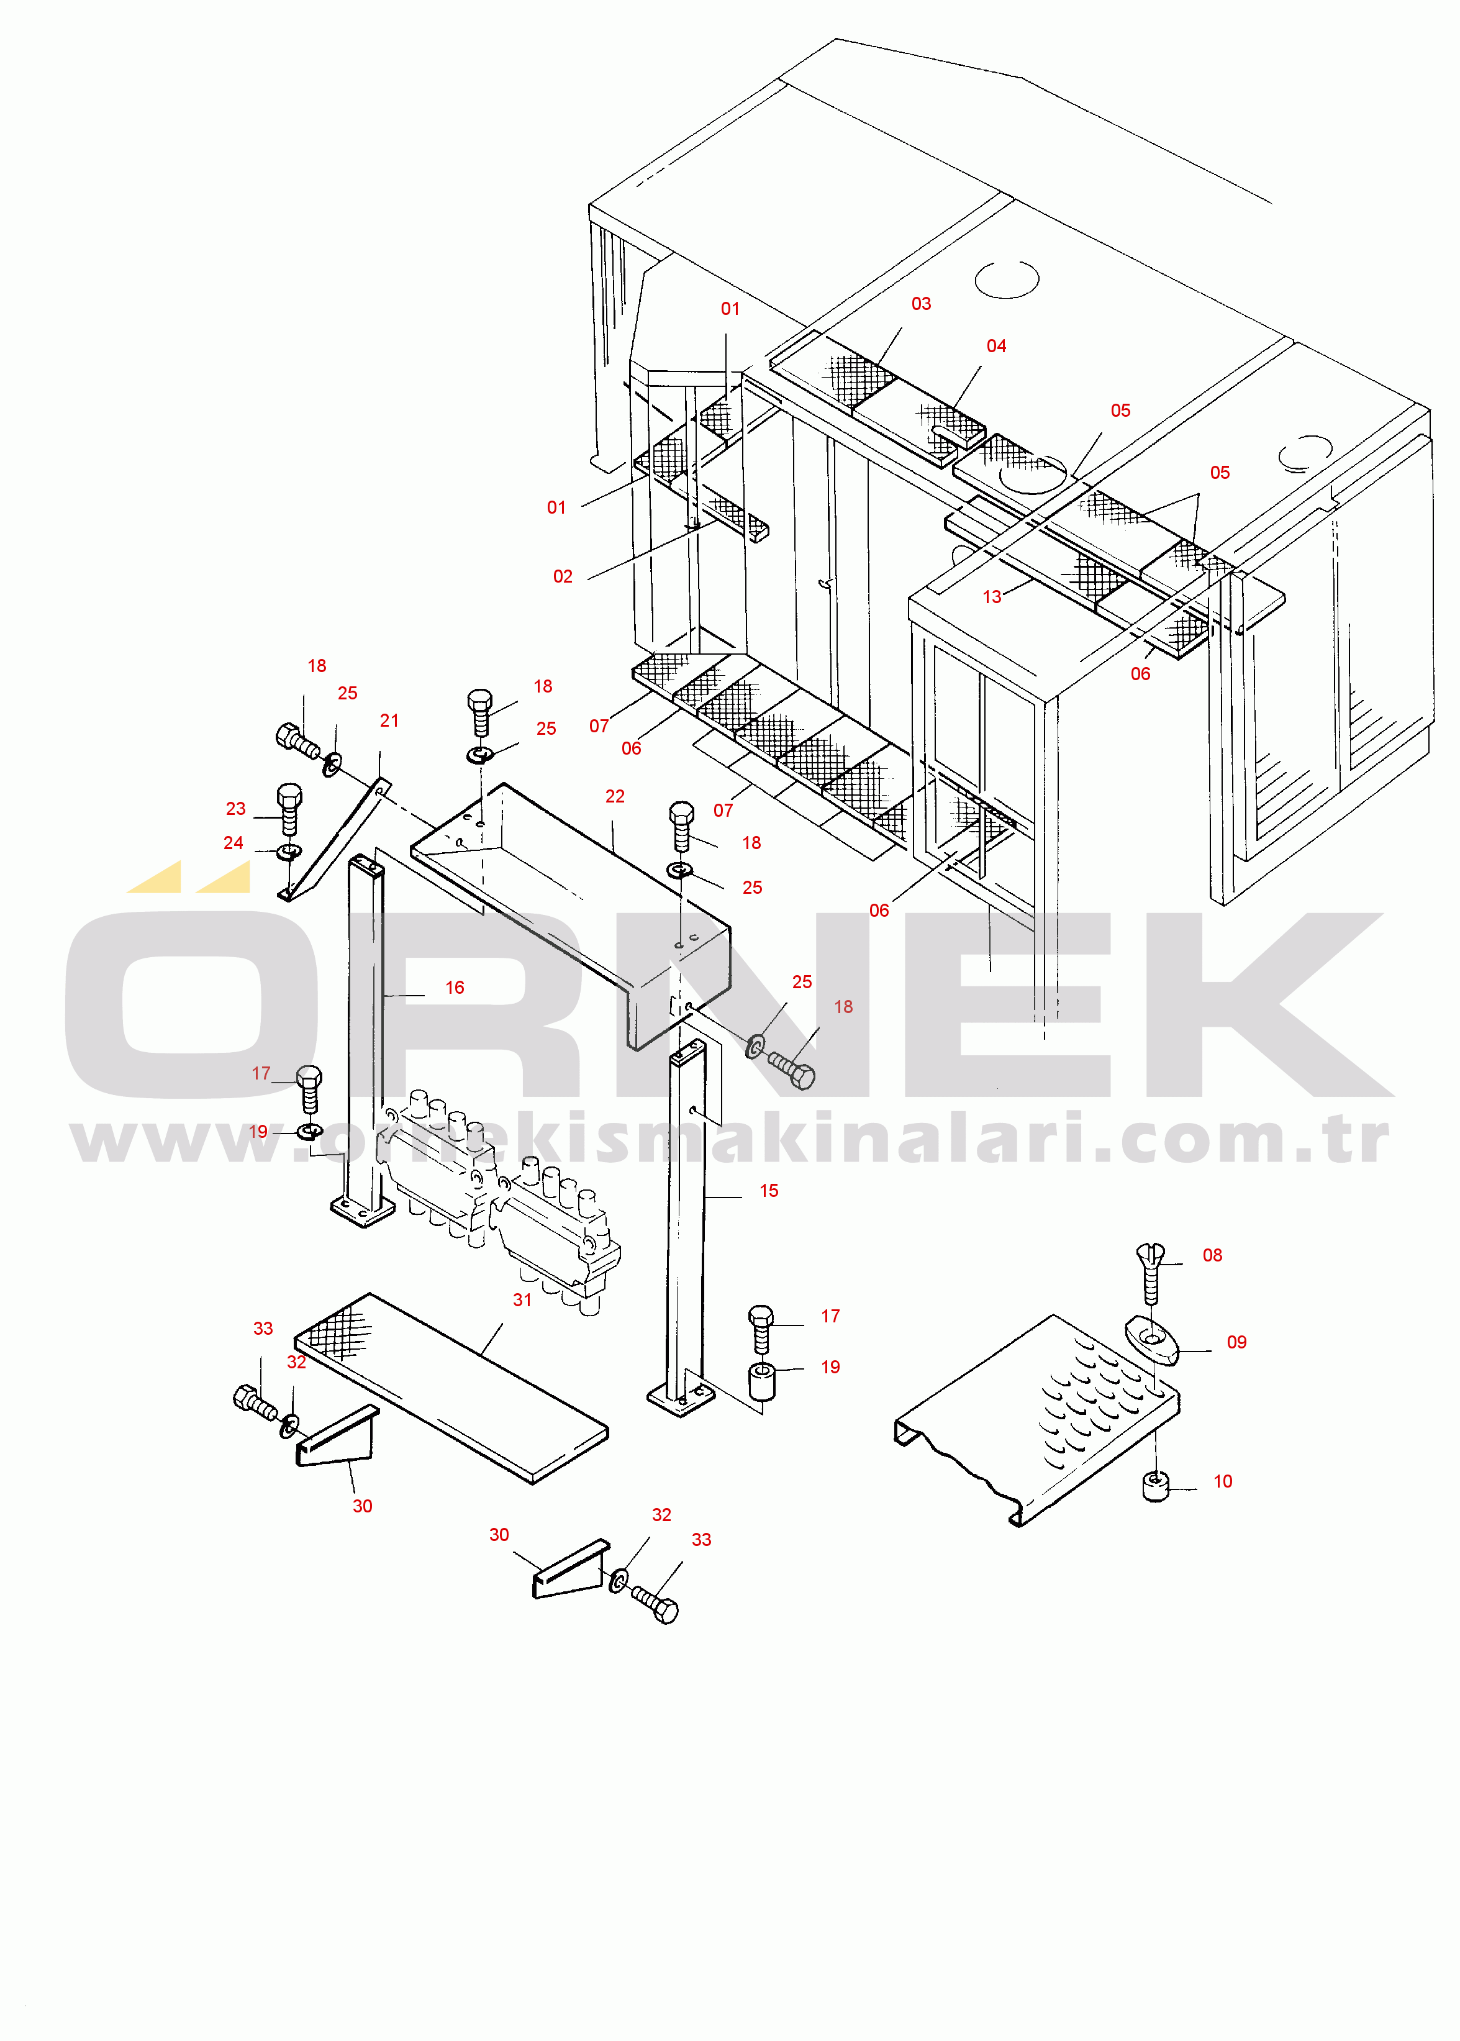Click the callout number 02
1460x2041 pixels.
click(563, 576)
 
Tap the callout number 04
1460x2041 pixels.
click(996, 346)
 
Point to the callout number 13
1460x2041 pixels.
click(992, 597)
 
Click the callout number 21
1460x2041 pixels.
click(389, 720)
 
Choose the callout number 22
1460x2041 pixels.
click(615, 797)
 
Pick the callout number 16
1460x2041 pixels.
click(455, 987)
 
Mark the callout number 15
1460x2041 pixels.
click(769, 1191)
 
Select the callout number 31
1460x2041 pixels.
click(522, 1299)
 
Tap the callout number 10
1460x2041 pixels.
click(1223, 1481)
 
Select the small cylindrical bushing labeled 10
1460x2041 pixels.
click(1155, 1486)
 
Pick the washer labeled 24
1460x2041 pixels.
click(289, 850)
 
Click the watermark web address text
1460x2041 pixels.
click(730, 1140)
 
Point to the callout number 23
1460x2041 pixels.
click(235, 808)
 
